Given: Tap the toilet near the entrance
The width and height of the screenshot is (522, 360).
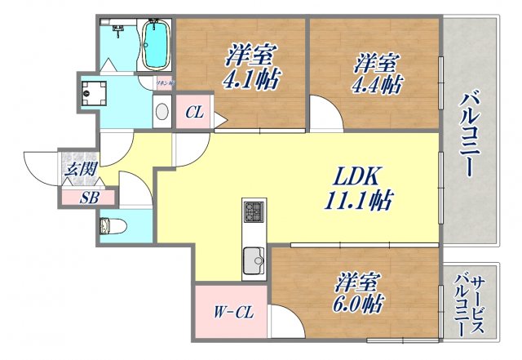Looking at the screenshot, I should (109, 226).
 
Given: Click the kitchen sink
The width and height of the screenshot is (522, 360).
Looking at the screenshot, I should (254, 263).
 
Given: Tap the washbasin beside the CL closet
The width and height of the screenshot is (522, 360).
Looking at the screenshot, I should (161, 112).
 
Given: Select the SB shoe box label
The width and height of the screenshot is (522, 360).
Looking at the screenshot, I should (89, 197).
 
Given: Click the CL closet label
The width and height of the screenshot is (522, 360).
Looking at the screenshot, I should (193, 113).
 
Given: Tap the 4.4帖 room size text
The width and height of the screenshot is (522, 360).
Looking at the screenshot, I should (377, 84).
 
